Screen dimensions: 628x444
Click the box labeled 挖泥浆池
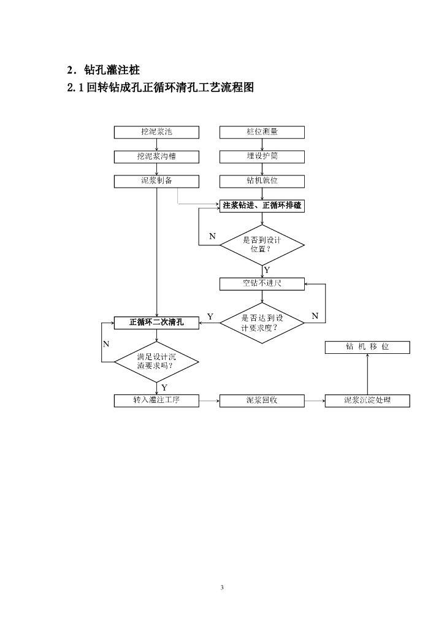click(156, 132)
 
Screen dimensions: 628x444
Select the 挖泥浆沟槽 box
click(156, 156)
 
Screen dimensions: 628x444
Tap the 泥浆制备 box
click(156, 181)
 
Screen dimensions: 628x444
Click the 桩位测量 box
click(262, 132)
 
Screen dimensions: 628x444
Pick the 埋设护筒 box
click(262, 156)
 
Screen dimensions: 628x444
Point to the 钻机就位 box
click(262, 181)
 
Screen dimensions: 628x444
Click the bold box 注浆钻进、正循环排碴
click(262, 206)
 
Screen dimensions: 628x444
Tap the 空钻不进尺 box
click(262, 283)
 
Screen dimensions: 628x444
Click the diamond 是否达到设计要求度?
click(262, 323)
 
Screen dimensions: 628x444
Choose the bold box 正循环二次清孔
click(156, 323)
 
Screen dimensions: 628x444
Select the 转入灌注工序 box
click(156, 401)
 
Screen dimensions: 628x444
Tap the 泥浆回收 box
click(262, 401)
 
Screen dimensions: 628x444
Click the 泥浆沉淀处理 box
click(367, 401)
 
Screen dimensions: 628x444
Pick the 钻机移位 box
click(367, 347)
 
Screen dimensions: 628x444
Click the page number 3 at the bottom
click(222, 588)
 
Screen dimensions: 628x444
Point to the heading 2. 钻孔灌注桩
click(107, 69)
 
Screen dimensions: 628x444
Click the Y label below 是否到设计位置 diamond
click(267, 270)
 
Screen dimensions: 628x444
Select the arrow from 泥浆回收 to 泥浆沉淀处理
click(314, 401)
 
